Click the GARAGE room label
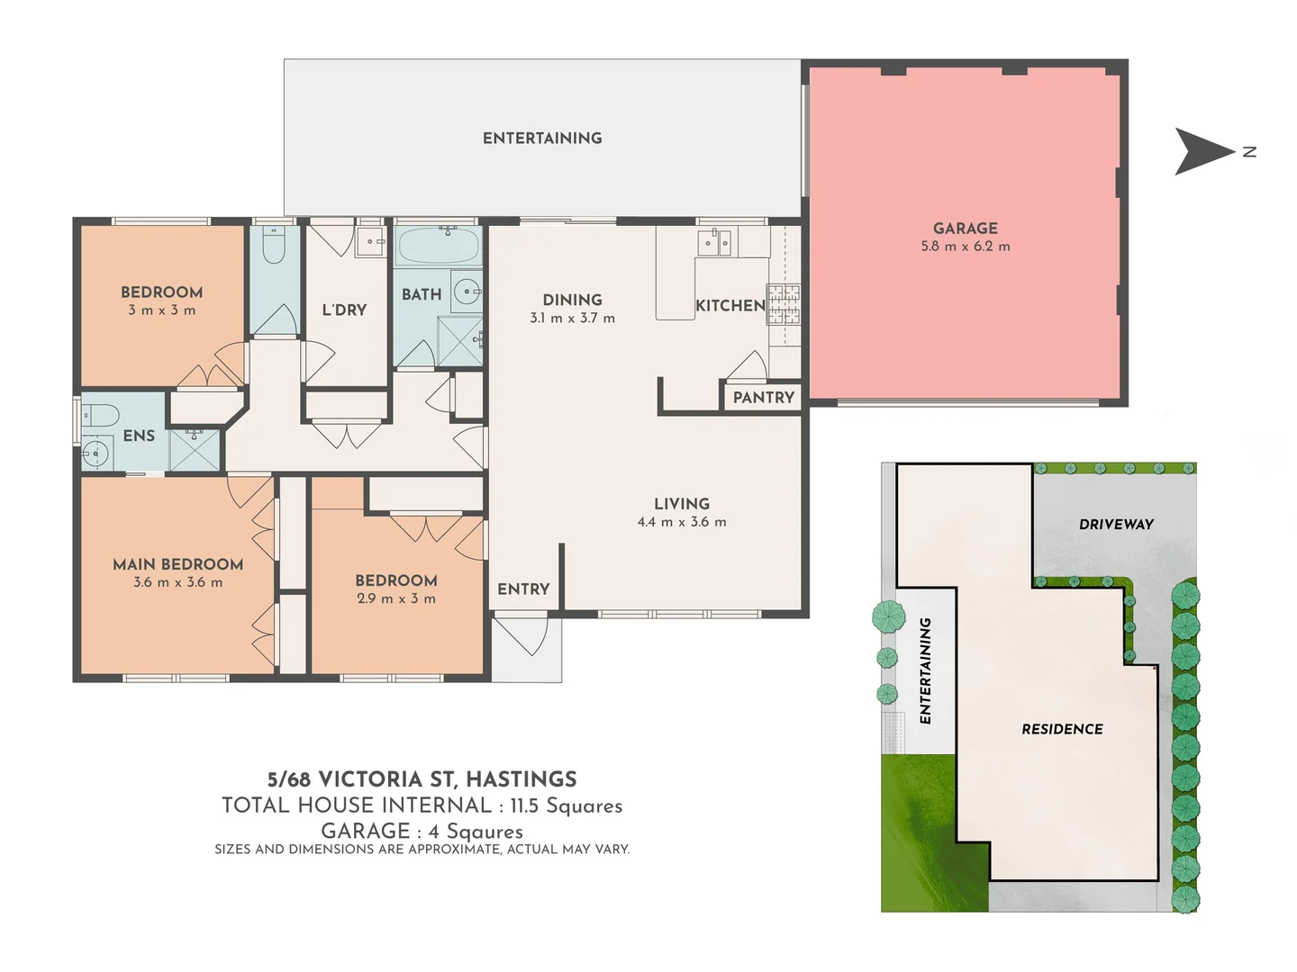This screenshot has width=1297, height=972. tap(965, 229)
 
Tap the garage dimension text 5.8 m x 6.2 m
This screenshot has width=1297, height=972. tap(965, 247)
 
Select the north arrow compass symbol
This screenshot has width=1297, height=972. tap(1206, 151)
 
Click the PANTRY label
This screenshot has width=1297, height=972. tap(763, 398)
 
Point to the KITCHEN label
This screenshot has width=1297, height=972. tap(730, 306)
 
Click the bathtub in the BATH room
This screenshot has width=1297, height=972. tap(438, 245)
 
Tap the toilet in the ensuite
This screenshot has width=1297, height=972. tap(101, 416)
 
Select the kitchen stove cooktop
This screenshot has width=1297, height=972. tap(783, 304)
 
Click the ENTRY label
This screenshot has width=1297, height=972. tap(523, 589)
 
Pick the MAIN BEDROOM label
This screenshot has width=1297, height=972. tap(177, 564)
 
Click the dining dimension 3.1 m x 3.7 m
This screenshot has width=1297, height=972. tap(572, 319)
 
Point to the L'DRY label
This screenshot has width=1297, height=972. tap(344, 310)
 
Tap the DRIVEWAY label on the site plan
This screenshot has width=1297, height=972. tap(1116, 525)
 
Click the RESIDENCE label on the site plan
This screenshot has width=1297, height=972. tap(1062, 730)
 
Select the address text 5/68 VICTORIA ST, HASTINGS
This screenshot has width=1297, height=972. tap(422, 779)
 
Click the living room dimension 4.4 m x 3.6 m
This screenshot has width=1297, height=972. tap(681, 522)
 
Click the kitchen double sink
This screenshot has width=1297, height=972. tap(717, 243)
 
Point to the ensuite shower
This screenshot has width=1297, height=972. tap(195, 450)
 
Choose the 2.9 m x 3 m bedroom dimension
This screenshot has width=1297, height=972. tap(395, 599)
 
